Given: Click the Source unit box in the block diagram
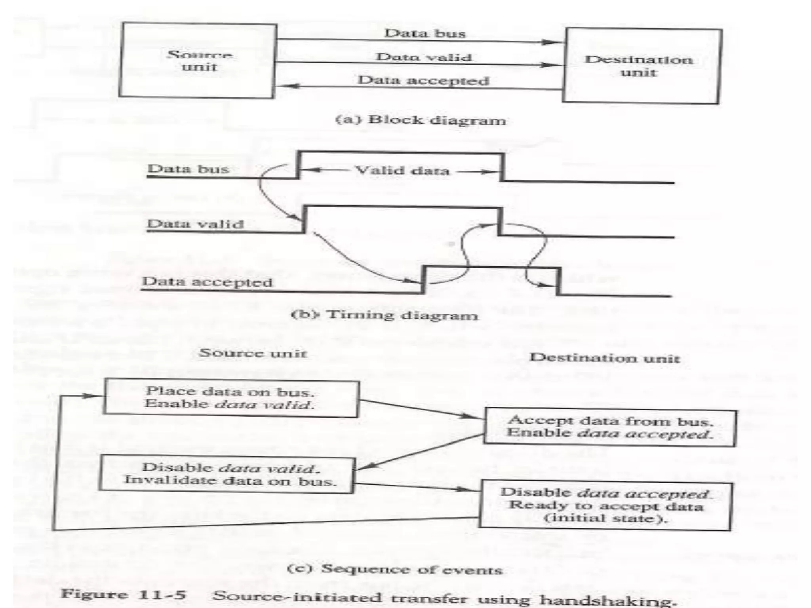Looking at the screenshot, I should tap(197, 60).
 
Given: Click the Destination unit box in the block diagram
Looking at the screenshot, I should tap(642, 66).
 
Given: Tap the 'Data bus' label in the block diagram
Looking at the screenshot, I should tap(425, 33).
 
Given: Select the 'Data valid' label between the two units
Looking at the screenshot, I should tap(424, 57).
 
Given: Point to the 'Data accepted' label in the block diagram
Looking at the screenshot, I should tap(424, 80).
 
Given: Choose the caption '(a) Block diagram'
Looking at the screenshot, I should tap(421, 120).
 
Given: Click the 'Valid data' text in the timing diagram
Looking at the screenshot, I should tap(402, 171).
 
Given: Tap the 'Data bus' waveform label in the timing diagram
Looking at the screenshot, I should tap(188, 169).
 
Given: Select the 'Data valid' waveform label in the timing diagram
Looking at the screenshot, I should tap(195, 224).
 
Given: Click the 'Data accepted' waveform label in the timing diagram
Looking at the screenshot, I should tap(207, 282).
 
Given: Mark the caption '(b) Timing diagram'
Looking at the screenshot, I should tap(385, 315).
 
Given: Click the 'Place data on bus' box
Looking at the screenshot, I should tap(231, 398).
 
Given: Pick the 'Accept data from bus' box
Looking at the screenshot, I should tap(609, 427).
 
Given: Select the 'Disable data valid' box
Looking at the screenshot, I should tap(227, 474).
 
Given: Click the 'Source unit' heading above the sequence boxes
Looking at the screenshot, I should tap(253, 353).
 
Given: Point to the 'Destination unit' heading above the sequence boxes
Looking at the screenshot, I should tap(605, 358).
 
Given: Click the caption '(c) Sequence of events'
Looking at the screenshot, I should tap(394, 569).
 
